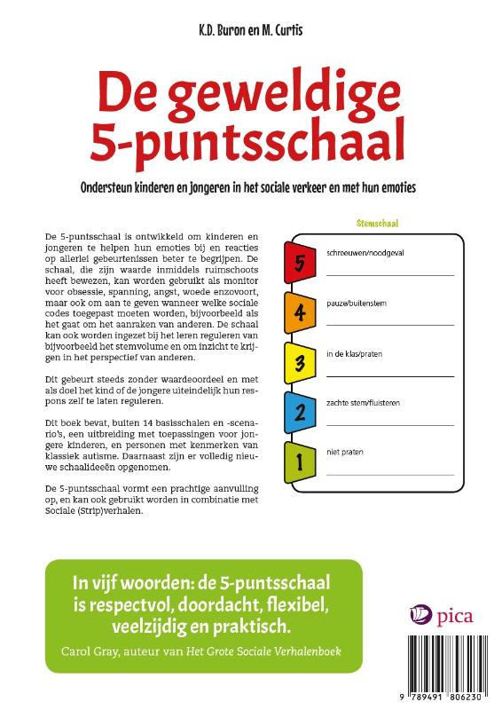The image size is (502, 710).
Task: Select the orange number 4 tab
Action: (x=300, y=312)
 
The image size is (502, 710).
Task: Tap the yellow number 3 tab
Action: (x=300, y=362)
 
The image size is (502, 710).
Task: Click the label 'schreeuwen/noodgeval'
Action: (x=365, y=253)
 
